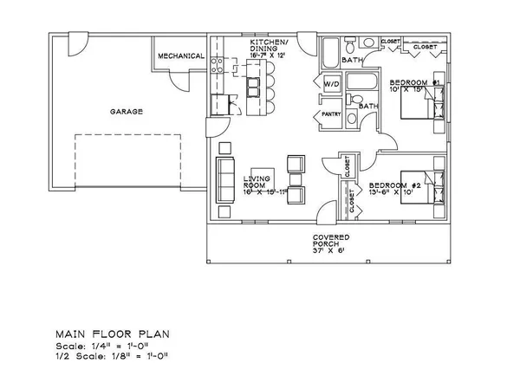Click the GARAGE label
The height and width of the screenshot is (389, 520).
(126, 112)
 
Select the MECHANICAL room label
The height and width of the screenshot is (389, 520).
(180, 56)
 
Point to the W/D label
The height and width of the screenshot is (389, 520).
(330, 85)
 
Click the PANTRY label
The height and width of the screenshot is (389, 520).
(330, 113)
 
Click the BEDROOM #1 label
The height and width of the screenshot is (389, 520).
(419, 82)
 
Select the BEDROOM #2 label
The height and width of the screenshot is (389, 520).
(394, 185)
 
